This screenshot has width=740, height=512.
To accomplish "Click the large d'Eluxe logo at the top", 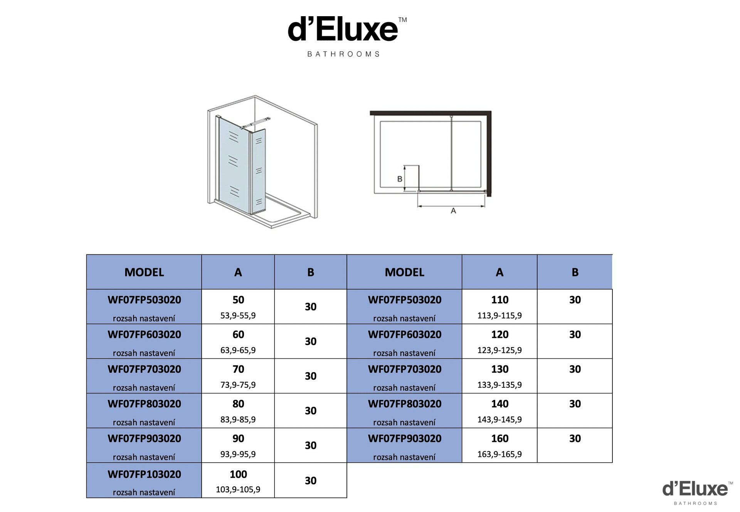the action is coord(347,37).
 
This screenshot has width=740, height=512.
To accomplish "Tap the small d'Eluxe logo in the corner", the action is coord(697,493).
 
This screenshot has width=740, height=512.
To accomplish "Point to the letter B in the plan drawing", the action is coord(400,179).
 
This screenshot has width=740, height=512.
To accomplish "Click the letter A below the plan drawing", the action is coord(453,211).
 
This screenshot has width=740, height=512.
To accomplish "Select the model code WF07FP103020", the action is coord(144,474).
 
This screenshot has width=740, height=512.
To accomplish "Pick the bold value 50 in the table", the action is coord(238,300).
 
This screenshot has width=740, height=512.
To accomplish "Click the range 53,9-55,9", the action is coord(238,316).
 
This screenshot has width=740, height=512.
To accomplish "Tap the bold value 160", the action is coord(499,438).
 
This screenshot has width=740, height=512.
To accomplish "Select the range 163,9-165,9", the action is coord(499,454).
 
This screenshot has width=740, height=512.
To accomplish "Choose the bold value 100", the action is coord(238,474).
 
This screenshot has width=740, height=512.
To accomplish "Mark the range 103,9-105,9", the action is coord(238,490).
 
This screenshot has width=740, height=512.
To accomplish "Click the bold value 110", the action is coord(499,300).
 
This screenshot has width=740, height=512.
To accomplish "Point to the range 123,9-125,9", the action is coord(499,350).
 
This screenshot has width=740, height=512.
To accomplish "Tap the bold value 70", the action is coord(238,369).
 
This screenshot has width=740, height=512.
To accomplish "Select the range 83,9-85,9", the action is coord(238,420).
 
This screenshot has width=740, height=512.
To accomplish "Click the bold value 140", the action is coord(499,404).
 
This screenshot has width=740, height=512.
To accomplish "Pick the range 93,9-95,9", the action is coord(238,454).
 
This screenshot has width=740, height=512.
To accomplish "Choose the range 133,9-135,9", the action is coord(499,385).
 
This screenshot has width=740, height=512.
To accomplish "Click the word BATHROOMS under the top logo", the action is coord(343,54).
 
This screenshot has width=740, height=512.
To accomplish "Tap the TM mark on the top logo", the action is coord(402,20).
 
